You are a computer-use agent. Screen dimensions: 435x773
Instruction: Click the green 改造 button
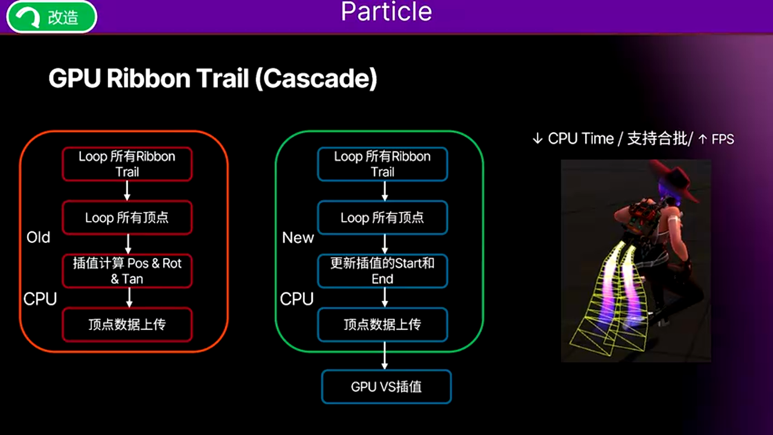click(x=51, y=17)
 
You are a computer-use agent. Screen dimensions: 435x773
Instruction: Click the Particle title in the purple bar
click(x=386, y=12)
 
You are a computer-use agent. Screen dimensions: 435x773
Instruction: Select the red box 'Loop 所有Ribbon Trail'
click(x=127, y=164)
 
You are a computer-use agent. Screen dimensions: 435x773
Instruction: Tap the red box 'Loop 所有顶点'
click(x=127, y=217)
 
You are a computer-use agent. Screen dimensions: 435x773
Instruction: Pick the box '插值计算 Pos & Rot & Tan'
click(x=127, y=271)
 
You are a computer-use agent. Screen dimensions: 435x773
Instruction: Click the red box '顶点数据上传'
click(x=127, y=324)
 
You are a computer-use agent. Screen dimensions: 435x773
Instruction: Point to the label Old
click(x=38, y=237)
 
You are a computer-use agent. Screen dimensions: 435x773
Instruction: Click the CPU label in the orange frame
click(x=40, y=299)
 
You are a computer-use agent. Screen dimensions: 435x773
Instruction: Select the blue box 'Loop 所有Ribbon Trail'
click(x=382, y=164)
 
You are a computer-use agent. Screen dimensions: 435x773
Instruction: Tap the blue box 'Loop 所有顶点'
click(x=382, y=217)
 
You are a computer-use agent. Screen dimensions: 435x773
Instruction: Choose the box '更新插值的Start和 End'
click(x=382, y=271)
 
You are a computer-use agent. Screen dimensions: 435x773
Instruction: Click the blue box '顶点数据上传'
click(x=382, y=324)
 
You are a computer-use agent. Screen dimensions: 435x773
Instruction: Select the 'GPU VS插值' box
click(x=386, y=387)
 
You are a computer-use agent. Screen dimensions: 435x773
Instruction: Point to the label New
click(x=298, y=237)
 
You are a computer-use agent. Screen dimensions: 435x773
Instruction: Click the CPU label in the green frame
click(x=297, y=299)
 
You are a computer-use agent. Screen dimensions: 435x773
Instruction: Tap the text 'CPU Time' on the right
click(x=580, y=138)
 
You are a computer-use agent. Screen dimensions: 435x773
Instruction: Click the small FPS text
click(x=722, y=140)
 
